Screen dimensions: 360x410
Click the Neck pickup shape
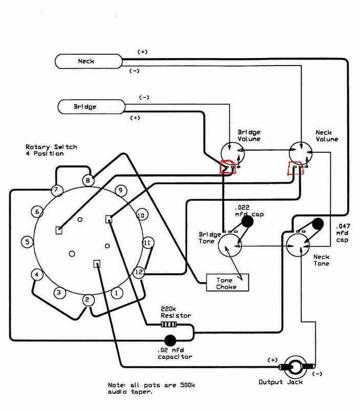(89, 61)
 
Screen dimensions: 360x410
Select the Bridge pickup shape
(91, 107)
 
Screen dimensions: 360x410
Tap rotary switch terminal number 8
(88, 180)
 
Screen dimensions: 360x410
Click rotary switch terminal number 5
(27, 242)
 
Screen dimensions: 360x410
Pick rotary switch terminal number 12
(139, 273)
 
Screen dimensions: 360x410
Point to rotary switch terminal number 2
(87, 300)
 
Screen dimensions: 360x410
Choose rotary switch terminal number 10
(141, 215)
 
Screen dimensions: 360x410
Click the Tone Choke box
(227, 282)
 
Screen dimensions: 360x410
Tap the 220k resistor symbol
(168, 325)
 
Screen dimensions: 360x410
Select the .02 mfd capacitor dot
(171, 340)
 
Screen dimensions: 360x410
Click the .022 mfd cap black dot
(247, 221)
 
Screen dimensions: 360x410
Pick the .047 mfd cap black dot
(317, 224)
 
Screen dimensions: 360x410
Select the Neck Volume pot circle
(301, 153)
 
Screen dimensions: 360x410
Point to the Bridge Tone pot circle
(230, 245)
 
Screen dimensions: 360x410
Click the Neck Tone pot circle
(298, 245)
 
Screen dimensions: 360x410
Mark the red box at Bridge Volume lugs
(228, 168)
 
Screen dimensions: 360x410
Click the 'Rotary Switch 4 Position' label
(51, 150)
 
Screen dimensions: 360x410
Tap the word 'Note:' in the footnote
(117, 385)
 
